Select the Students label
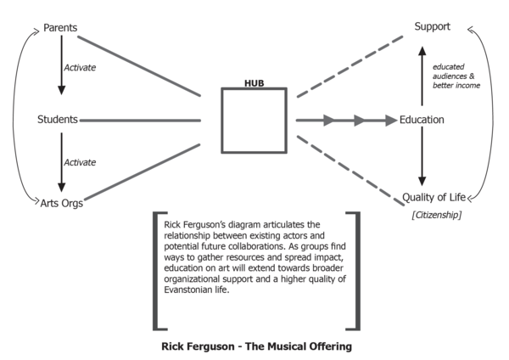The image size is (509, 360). (58, 120)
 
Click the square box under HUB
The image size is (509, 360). (255, 121)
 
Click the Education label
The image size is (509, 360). (422, 120)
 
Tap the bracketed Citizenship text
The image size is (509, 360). (433, 216)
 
